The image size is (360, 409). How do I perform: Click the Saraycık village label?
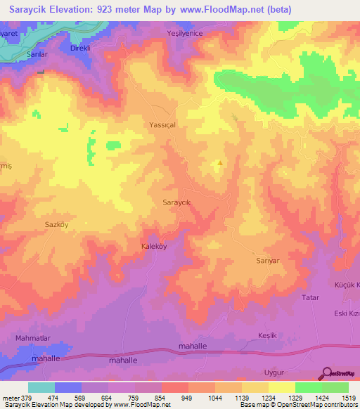(x=177, y=202)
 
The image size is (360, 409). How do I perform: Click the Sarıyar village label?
(x=267, y=260)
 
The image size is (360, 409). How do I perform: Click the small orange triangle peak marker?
(x=220, y=164)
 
